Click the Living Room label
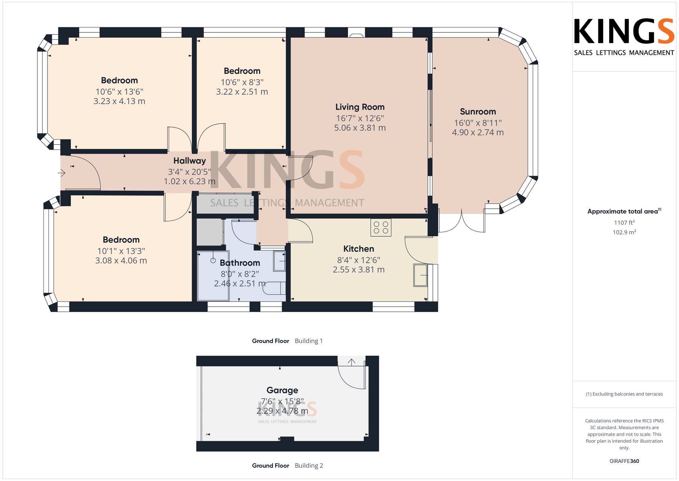[x=360, y=107]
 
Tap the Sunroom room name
[x=478, y=111]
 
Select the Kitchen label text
[x=359, y=249]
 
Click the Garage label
[x=282, y=391]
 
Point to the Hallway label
[x=189, y=161]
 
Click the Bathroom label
[x=240, y=263]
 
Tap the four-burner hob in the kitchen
[x=381, y=227]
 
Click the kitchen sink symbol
[x=420, y=275]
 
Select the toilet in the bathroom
[x=274, y=288]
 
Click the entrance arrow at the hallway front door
[x=61, y=173]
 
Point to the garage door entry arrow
[x=351, y=362]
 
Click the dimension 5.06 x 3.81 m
[x=360, y=128]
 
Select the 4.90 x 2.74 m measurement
[x=478, y=133]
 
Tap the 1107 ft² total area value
[x=624, y=223]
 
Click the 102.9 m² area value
[x=624, y=232]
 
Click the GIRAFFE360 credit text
[x=624, y=461]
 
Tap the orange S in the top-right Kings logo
[x=665, y=31]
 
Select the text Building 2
[x=309, y=466]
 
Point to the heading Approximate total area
[x=623, y=211]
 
